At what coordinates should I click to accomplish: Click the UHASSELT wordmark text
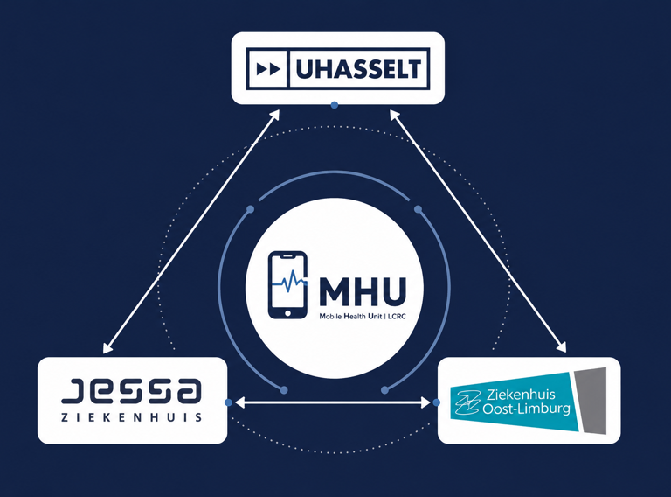pos(358,69)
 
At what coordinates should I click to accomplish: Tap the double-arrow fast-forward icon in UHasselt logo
pos(268,69)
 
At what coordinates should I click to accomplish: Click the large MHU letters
pos(362,291)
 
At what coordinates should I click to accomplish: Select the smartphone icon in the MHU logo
pos(287,285)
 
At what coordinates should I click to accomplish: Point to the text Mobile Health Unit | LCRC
pos(363,317)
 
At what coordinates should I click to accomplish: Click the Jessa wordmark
pos(131,391)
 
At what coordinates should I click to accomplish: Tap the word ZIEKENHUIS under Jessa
pos(131,417)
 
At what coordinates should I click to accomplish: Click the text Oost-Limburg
pos(526,409)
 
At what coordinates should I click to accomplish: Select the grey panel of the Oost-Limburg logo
pos(591,400)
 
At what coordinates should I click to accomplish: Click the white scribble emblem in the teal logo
pos(467,402)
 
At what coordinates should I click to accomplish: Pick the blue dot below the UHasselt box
pos(335,105)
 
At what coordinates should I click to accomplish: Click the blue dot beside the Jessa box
pos(229,402)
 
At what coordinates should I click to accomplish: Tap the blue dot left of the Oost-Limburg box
pos(436,402)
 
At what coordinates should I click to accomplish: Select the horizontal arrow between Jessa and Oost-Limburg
pos(333,402)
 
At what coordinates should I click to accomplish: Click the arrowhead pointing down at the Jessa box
pos(107,348)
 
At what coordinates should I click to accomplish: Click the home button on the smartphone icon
pos(287,313)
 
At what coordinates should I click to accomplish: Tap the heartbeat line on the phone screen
pos(290,281)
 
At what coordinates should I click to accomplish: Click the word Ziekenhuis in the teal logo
pos(521,394)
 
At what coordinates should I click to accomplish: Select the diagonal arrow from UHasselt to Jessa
pos(191,232)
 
